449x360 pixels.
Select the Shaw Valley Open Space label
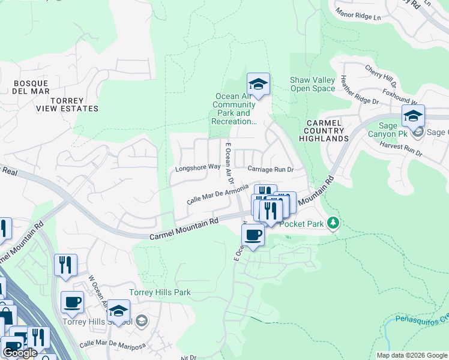click(312, 84)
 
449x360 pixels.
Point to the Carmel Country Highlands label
click(324, 130)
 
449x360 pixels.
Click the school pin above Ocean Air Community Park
click(258, 85)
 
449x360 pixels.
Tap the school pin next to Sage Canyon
click(413, 116)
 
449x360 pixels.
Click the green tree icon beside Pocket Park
click(333, 224)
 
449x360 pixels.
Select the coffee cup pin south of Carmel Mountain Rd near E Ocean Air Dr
click(253, 235)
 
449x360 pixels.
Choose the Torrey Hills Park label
click(160, 293)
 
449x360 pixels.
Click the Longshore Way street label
click(197, 168)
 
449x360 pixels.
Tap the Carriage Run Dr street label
click(270, 170)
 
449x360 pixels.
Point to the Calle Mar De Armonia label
click(217, 195)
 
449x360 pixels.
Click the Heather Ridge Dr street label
click(359, 90)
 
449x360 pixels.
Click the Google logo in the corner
click(19, 353)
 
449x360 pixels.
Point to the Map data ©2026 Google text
click(412, 355)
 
